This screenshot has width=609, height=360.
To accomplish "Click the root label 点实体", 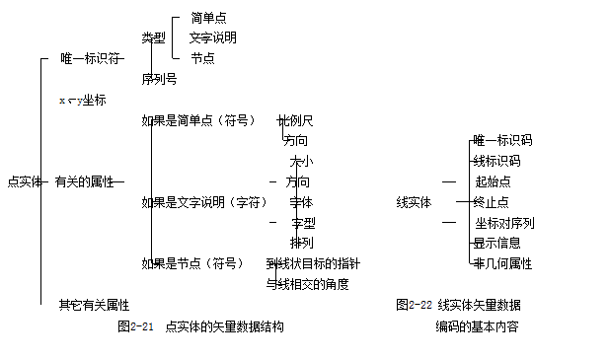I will [23, 181].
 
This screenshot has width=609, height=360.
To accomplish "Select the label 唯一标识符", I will [87, 59].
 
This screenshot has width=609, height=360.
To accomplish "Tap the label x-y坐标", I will [82, 101].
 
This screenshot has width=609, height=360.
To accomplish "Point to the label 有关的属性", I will [84, 181].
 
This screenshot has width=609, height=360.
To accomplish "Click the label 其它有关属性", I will [94, 305].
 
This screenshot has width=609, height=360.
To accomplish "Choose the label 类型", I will [153, 38].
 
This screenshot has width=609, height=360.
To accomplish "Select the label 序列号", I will [159, 79].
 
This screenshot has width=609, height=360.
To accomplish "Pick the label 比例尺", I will [295, 120].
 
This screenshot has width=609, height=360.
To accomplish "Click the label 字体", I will [301, 202].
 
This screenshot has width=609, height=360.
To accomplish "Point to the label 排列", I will [301, 243].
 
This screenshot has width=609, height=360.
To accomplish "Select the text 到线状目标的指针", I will [313, 263].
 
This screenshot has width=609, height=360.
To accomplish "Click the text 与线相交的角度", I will [307, 284].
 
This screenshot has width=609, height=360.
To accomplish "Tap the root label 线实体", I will [414, 202].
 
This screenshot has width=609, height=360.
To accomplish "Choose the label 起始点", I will [493, 181].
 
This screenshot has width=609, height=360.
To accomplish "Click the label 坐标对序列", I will [504, 223].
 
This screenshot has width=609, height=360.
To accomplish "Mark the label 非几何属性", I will [502, 263].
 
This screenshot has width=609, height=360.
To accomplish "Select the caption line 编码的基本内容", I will [477, 325].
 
